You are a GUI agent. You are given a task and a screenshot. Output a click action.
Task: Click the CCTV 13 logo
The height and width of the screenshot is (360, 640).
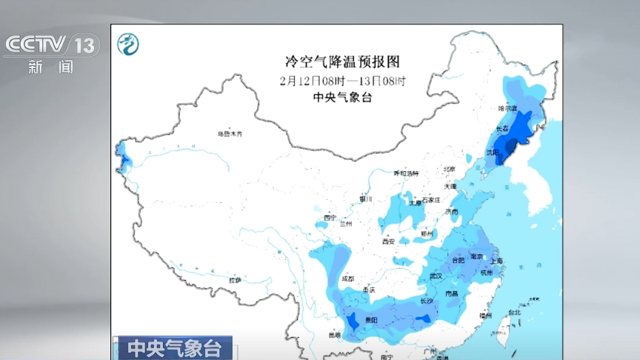[x=51, y=46]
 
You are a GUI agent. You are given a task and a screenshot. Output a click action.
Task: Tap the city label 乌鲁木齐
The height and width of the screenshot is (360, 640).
[x=230, y=134]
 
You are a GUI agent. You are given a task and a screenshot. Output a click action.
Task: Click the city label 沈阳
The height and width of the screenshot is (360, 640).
[x=493, y=151]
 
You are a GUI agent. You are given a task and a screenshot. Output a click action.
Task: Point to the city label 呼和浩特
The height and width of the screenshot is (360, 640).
[x=406, y=173]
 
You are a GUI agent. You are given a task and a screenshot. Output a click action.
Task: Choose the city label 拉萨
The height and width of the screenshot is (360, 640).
[x=235, y=280]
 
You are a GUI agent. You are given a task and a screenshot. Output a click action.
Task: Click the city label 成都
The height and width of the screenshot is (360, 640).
[x=347, y=279]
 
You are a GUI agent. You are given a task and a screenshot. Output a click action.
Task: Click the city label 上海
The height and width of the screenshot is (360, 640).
[x=496, y=261]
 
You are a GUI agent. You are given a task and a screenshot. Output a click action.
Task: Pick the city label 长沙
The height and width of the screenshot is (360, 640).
[x=427, y=301]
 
